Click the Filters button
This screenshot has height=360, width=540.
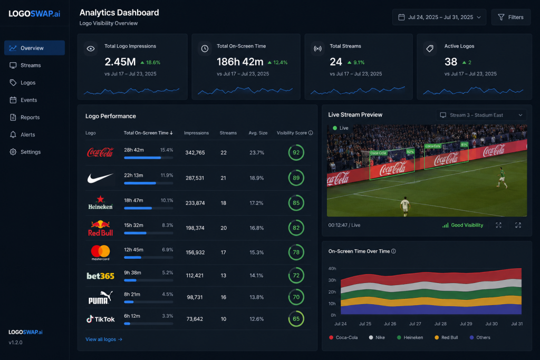click(x=510, y=17)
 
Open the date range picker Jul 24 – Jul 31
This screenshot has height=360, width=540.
click(x=439, y=17)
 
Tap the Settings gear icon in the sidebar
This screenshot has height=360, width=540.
click(x=13, y=152)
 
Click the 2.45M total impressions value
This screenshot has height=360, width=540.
click(x=120, y=62)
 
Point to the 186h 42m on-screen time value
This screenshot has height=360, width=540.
click(x=240, y=62)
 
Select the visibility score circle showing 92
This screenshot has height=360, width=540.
click(x=296, y=152)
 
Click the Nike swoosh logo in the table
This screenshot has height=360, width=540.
click(x=100, y=178)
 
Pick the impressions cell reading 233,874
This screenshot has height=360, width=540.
click(x=195, y=203)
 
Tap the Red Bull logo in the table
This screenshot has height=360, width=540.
click(x=100, y=228)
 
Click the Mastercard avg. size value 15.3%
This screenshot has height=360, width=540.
click(x=257, y=252)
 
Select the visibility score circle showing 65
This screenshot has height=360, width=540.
click(x=296, y=319)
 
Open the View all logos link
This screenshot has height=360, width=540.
click(x=104, y=339)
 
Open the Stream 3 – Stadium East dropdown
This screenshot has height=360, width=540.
click(x=481, y=115)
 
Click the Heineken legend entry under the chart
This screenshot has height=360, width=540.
click(x=410, y=338)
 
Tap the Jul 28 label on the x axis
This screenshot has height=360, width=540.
click(x=440, y=324)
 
